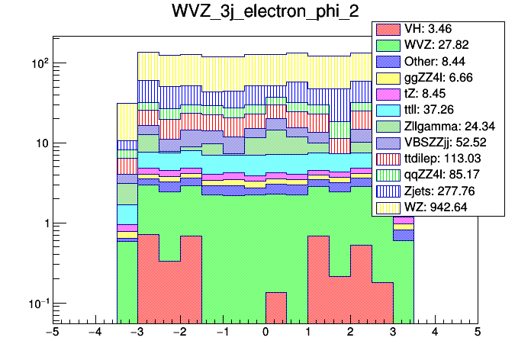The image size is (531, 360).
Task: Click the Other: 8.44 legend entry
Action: [439, 63]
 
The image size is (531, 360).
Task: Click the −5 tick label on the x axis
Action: [52, 333]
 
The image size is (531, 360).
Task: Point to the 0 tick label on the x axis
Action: [265, 333]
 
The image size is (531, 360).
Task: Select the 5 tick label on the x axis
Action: [478, 333]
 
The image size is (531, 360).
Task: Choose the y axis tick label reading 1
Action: [43, 223]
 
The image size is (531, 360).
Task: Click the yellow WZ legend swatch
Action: [388, 205]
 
